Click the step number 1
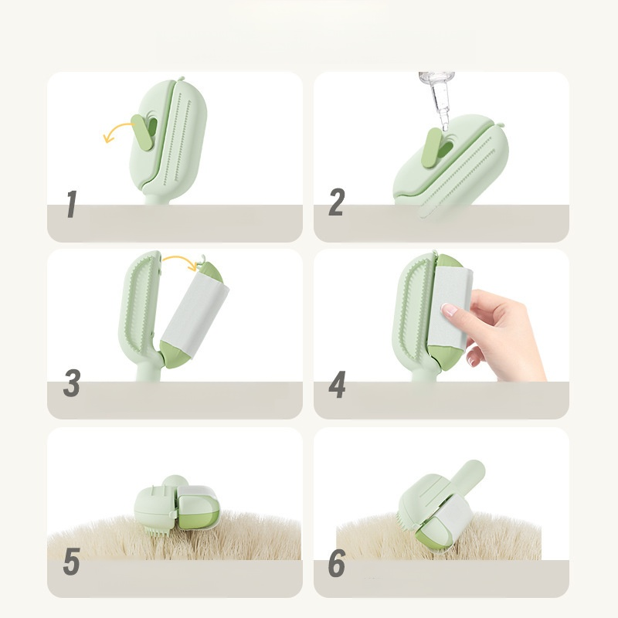71,204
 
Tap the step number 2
337,202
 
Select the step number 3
72,382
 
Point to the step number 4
337,384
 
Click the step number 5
72,561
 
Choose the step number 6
337,564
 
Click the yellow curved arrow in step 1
117,130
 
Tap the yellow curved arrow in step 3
180,262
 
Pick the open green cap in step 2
431,147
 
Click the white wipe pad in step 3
195,314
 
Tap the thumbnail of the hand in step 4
450,310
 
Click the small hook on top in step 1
181,79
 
